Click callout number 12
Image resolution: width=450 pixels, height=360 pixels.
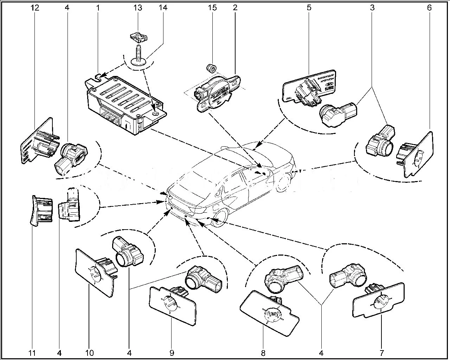coord(34,7)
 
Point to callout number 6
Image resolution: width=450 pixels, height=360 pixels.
coord(429,7)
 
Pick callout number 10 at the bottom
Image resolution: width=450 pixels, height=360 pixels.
coord(90,352)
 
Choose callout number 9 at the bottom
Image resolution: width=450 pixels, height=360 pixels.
coord(172,352)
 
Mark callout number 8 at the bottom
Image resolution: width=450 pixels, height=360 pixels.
coord(263,352)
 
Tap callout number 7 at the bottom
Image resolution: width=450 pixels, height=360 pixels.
coord(382,352)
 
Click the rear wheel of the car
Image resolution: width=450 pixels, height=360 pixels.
coord(219,218)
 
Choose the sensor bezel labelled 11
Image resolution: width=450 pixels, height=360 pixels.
coord(40,210)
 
